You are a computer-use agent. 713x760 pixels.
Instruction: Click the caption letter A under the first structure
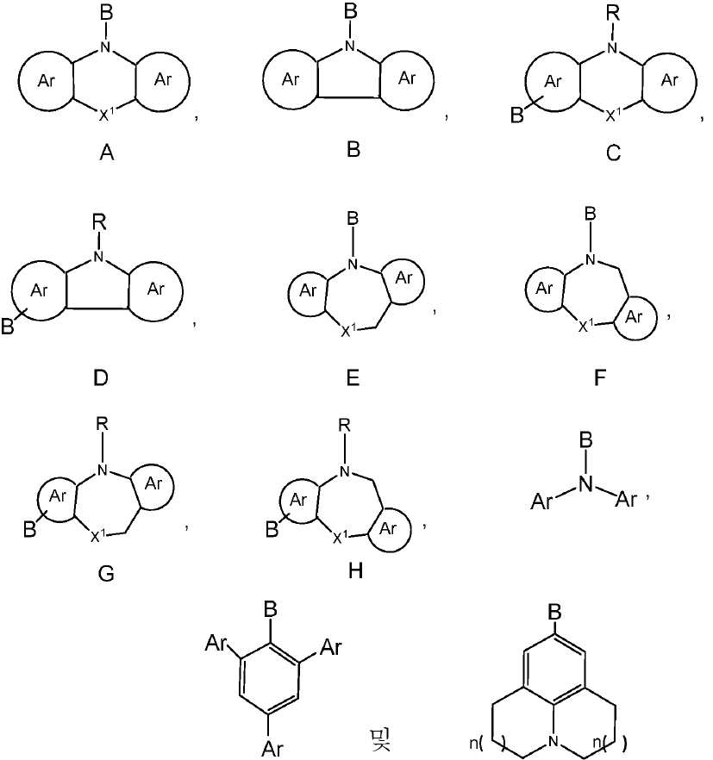pyautogui.click(x=108, y=153)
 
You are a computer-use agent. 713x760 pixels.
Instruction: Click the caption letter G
pyautogui.click(x=107, y=575)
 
